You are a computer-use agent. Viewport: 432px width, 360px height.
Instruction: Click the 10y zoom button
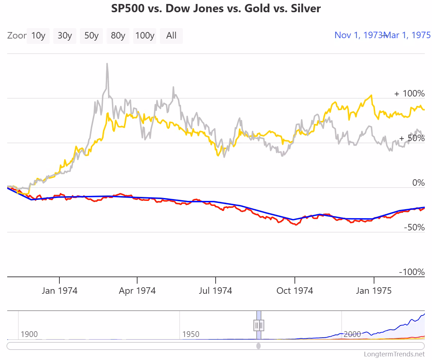pyautogui.click(x=38, y=36)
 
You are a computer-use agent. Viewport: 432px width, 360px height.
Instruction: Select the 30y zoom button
pyautogui.click(x=65, y=36)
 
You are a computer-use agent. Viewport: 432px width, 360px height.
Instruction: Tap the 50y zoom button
pyautogui.click(x=91, y=36)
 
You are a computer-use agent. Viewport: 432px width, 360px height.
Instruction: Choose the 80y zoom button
pyautogui.click(x=118, y=36)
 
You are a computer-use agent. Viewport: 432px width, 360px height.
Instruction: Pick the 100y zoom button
pyautogui.click(x=145, y=36)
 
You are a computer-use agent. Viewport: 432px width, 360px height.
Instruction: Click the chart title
pyautogui.click(x=216, y=8)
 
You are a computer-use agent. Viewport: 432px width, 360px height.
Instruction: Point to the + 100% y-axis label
pyautogui.click(x=409, y=94)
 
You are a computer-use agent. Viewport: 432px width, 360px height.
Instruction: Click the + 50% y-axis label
pyautogui.click(x=412, y=138)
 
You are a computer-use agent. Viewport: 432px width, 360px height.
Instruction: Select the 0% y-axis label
pyautogui.click(x=418, y=183)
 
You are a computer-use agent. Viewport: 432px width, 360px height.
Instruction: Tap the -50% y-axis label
pyautogui.click(x=414, y=228)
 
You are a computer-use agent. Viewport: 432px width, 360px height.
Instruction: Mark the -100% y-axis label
pyautogui.click(x=412, y=272)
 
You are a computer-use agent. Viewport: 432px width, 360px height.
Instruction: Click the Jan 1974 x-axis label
pyautogui.click(x=59, y=291)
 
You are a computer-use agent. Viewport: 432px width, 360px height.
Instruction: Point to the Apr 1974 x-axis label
pyautogui.click(x=137, y=291)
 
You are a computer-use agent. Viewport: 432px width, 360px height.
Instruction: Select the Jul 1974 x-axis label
pyautogui.click(x=215, y=291)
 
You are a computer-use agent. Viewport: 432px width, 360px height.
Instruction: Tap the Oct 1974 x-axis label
pyautogui.click(x=294, y=291)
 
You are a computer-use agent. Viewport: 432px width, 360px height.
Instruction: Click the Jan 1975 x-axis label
pyautogui.click(x=374, y=291)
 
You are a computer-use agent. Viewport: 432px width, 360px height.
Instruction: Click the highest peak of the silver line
pyautogui.click(x=107, y=64)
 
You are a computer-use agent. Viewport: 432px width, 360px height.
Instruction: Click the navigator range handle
pyautogui.click(x=259, y=325)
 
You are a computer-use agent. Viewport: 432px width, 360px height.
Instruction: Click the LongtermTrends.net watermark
pyautogui.click(x=395, y=354)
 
